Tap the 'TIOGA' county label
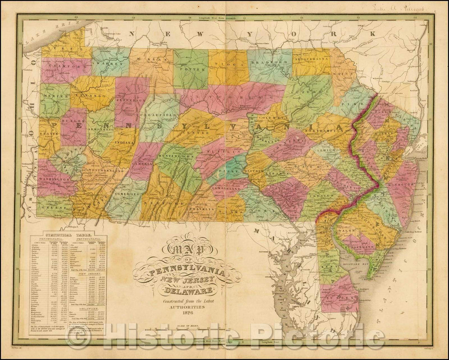click(228, 65)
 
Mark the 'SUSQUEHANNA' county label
click(311, 60)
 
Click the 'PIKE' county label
click(352, 100)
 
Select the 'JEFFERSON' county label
click(134, 100)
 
